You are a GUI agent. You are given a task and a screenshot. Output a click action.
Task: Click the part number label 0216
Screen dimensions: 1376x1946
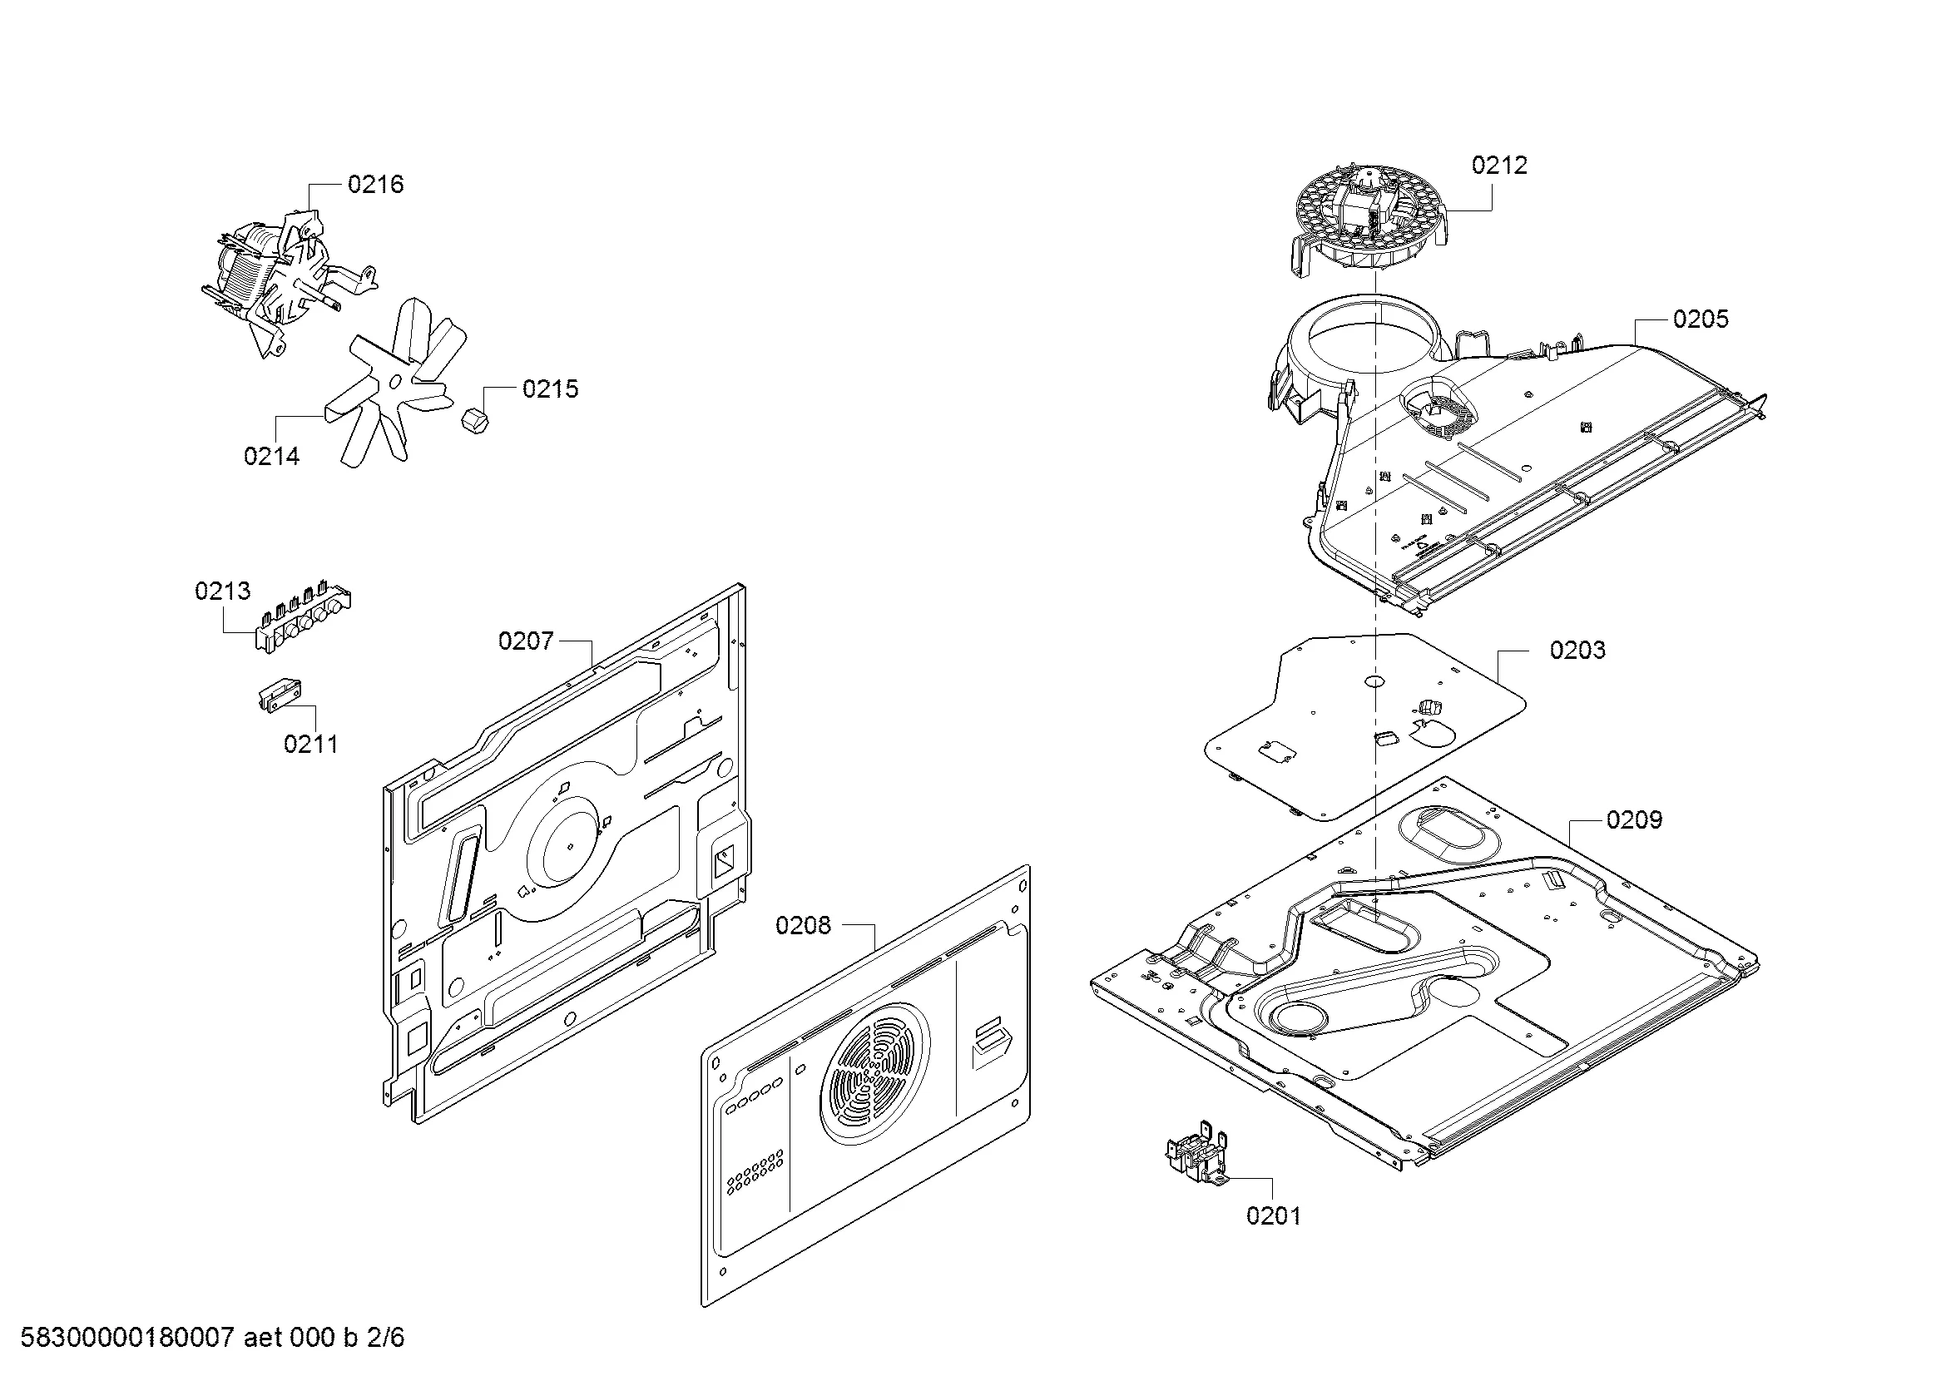(x=375, y=185)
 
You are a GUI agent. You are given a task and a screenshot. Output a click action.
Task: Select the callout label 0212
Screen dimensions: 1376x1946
(x=1498, y=166)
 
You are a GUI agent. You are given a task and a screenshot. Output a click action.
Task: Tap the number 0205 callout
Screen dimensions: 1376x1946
(x=1701, y=319)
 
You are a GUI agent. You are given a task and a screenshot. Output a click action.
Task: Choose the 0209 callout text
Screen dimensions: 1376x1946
(x=1634, y=820)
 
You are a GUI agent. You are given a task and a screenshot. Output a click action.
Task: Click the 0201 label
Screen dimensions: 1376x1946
(x=1273, y=1216)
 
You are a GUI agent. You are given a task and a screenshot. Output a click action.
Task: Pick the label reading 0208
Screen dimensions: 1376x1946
(x=803, y=926)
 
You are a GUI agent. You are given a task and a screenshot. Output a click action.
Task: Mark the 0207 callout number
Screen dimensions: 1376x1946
(x=526, y=641)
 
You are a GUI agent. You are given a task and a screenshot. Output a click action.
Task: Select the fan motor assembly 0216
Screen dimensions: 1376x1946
(x=271, y=271)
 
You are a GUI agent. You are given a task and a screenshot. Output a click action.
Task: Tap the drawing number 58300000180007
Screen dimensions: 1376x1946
(x=126, y=1338)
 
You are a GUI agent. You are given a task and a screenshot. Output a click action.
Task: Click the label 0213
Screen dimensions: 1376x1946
(x=222, y=591)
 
